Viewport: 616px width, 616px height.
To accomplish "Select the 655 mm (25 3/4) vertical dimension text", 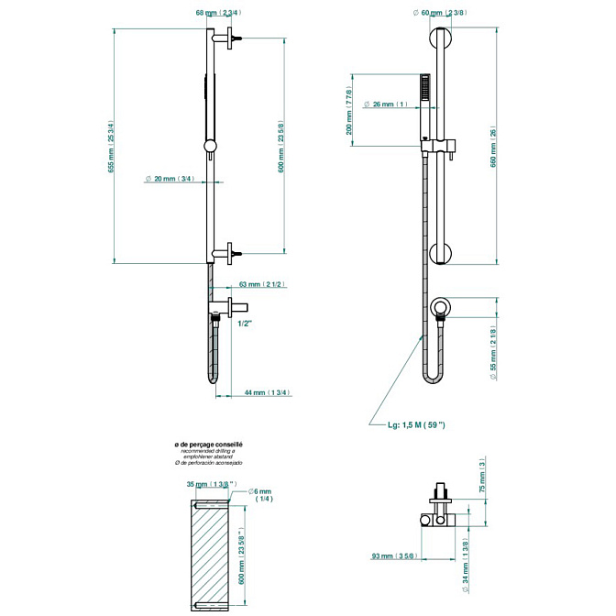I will pos(111,148).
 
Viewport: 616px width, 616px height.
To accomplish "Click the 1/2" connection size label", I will pos(245,323).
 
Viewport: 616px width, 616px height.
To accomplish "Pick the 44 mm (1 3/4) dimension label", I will pos(267,392).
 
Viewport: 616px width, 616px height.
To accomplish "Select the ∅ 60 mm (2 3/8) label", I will pos(441,13).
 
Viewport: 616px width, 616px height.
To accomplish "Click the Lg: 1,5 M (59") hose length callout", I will pos(416,424).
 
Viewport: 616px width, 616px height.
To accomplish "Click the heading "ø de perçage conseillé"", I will pos(208,444).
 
